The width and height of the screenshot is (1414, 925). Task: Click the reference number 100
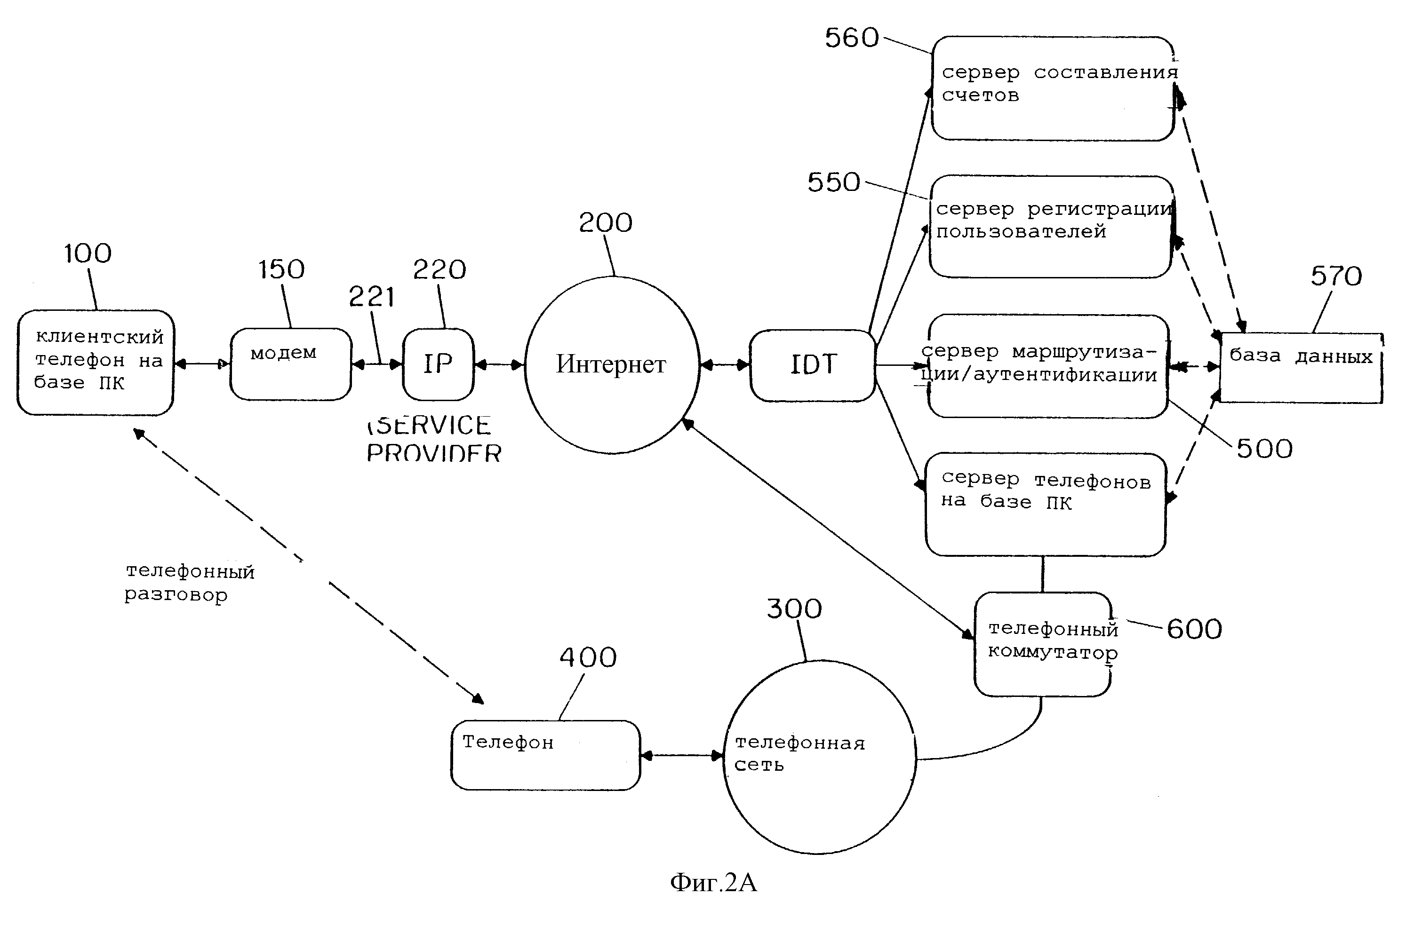[x=88, y=254]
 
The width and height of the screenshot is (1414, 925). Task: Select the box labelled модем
[x=290, y=364]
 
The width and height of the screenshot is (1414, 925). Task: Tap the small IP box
[x=438, y=364]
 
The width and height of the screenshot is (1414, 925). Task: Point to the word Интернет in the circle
[x=611, y=364]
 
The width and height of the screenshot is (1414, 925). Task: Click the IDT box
[x=813, y=365]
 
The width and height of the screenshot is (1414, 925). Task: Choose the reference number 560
[x=851, y=38]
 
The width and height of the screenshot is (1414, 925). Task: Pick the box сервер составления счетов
[x=1053, y=89]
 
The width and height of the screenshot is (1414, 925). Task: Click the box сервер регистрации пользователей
[x=1050, y=227]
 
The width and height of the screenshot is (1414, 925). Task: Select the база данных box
[x=1301, y=368]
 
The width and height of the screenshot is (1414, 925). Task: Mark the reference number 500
[x=1264, y=449]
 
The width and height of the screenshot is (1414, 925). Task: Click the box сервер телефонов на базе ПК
[x=1045, y=505]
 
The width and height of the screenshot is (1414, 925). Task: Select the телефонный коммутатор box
[x=1043, y=645]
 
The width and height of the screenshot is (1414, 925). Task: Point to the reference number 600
[x=1194, y=629]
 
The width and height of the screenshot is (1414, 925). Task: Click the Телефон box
[x=545, y=755]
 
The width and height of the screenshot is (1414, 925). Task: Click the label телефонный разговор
[x=189, y=583]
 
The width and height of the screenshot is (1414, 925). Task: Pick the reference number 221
[x=371, y=296]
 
